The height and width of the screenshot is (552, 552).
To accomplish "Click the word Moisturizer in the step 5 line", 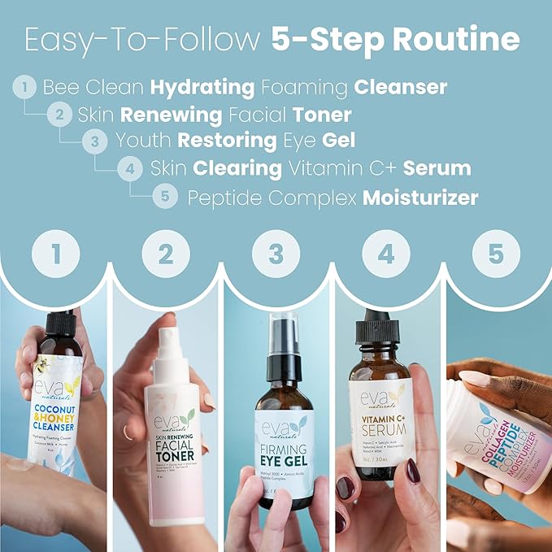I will click(420, 197).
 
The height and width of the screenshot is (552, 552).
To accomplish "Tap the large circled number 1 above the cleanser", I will click(55, 254).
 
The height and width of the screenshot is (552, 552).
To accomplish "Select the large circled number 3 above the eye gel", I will click(276, 254).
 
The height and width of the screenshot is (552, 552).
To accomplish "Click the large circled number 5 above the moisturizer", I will click(497, 254).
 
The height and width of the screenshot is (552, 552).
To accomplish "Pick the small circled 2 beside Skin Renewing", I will click(59, 114).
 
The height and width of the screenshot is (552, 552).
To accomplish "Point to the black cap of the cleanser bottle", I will click(59, 325).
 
